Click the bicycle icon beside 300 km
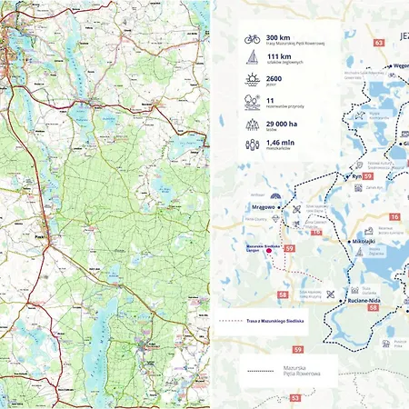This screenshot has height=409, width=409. (x=253, y=40)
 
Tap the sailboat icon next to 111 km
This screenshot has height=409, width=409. (x=253, y=61)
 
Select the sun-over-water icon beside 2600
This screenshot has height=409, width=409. (x=253, y=82)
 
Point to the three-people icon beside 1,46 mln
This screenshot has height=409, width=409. (x=253, y=144)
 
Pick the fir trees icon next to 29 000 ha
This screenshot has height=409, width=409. (x=253, y=123)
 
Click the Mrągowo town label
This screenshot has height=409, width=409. (x=264, y=207)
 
